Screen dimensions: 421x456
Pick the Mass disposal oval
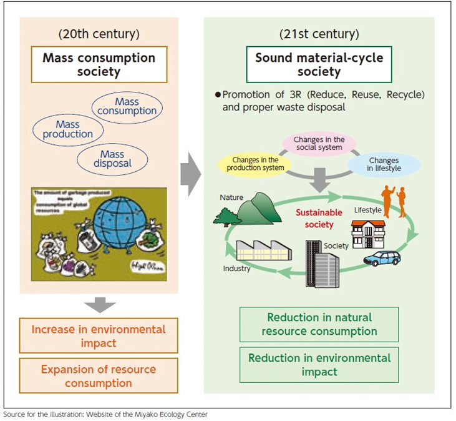[x=113, y=159]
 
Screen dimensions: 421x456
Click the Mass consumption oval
[x=127, y=106]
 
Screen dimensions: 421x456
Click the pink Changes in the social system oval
[x=318, y=143]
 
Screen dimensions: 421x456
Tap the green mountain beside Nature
[x=248, y=209]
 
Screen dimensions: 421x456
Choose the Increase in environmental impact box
[x=99, y=335]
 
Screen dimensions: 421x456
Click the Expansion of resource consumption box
[x=99, y=375]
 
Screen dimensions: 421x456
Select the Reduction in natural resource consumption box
[x=319, y=324]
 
